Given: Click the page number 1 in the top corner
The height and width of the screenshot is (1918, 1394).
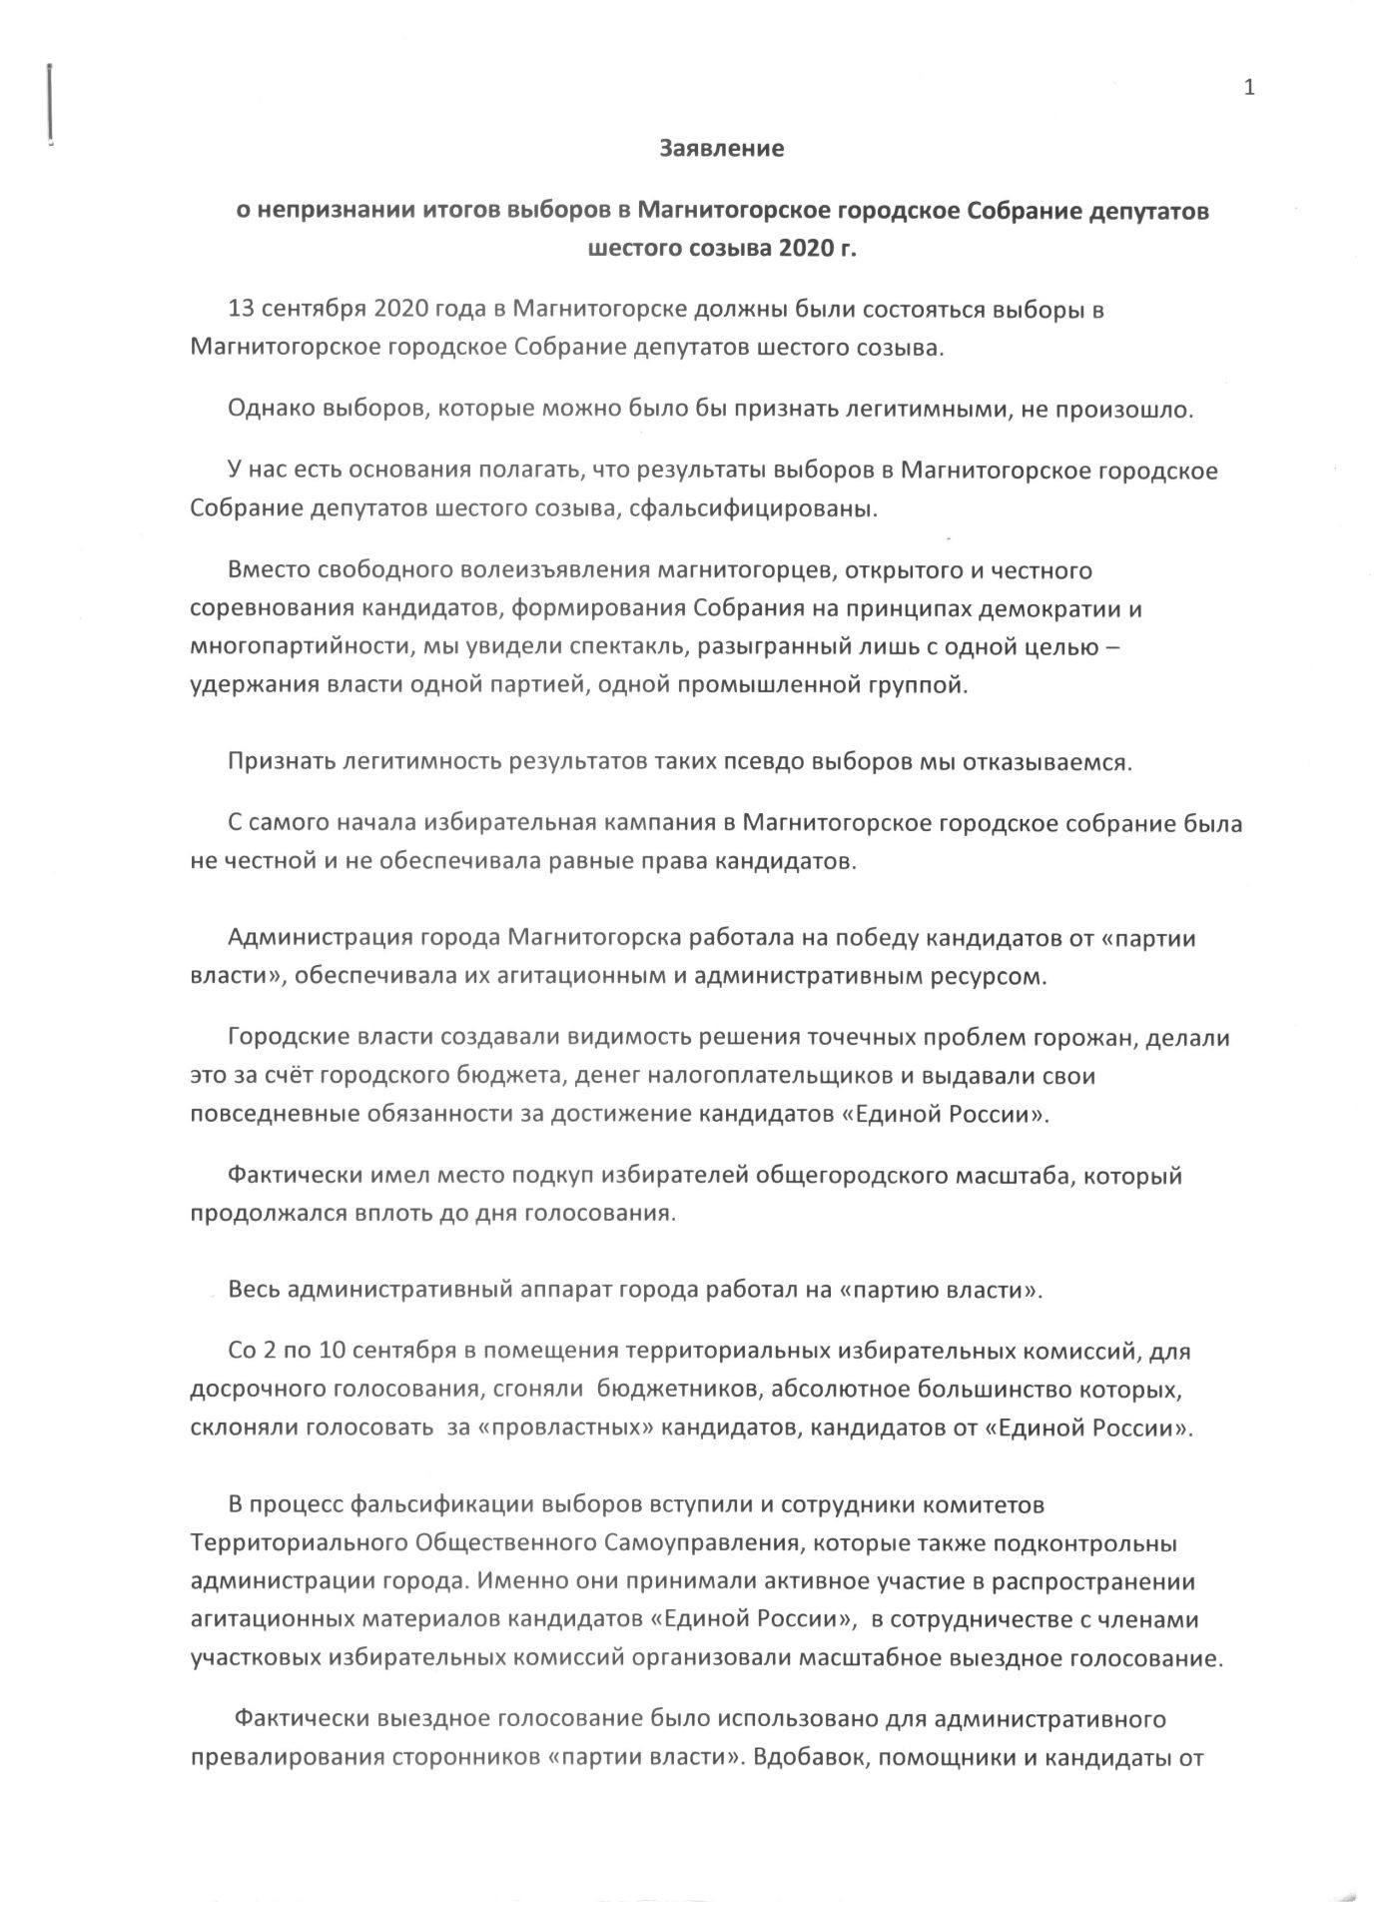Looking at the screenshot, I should (x=1249, y=88).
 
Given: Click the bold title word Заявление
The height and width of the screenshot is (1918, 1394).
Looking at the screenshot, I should (x=722, y=149).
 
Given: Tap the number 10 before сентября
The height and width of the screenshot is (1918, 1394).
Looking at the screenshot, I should (x=334, y=1352).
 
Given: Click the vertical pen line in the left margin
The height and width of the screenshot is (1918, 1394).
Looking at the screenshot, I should (x=50, y=105).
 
